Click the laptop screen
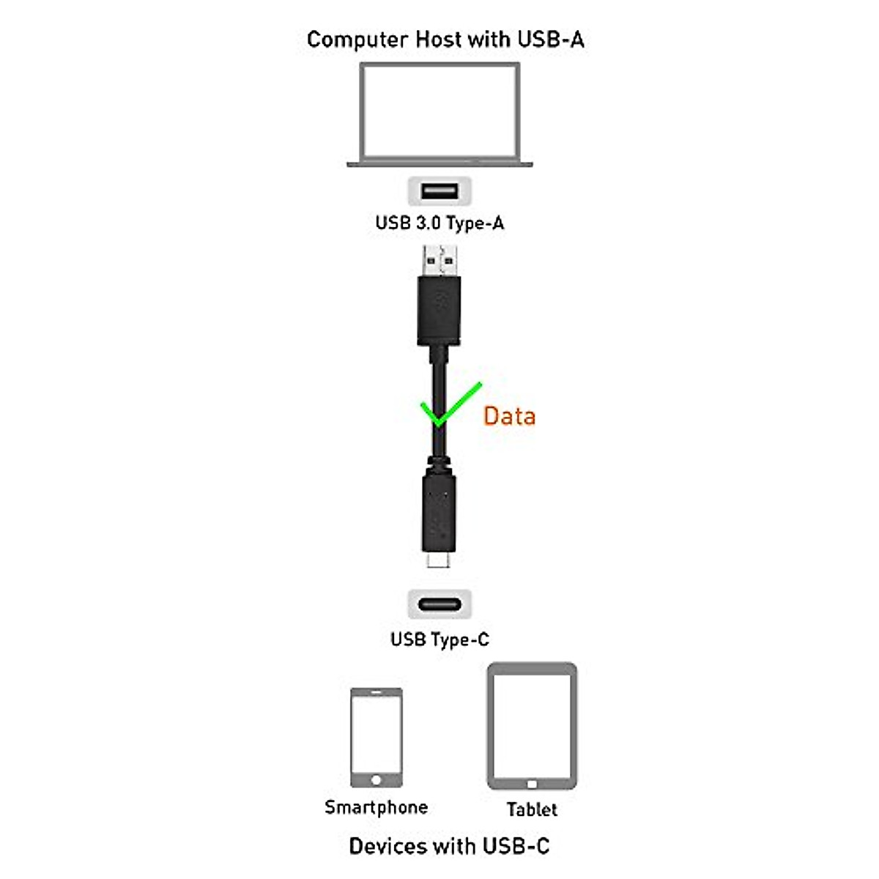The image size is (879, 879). [439, 110]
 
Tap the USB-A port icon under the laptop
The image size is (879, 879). [439, 192]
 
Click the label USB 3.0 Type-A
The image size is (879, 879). [439, 223]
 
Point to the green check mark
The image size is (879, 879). [448, 405]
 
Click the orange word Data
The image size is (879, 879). [509, 416]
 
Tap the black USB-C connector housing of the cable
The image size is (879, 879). [439, 513]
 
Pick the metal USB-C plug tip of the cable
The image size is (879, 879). [439, 561]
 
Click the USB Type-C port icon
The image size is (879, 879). [439, 606]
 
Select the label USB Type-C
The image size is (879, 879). [439, 639]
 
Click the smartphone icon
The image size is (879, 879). [376, 737]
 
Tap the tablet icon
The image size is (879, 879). [532, 725]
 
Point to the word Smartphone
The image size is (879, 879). [376, 807]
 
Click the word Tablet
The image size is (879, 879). [532, 809]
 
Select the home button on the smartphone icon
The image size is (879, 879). [376, 779]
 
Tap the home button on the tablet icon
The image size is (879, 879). [532, 785]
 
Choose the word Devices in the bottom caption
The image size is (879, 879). [387, 846]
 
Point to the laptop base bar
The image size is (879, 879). [439, 164]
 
